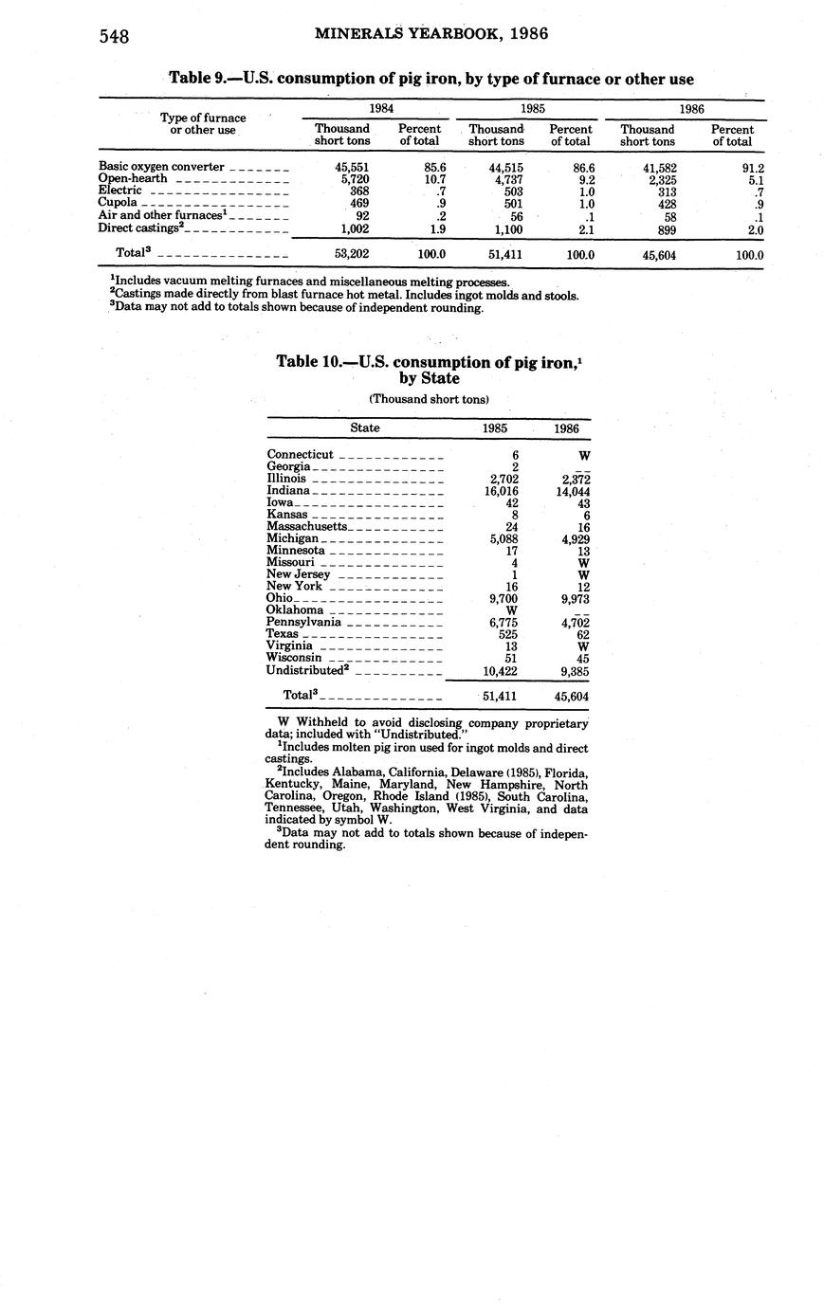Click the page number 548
(113, 37)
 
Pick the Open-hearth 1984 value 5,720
(353, 178)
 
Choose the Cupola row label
(118, 202)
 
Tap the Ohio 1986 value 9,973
(572, 599)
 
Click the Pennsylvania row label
(304, 622)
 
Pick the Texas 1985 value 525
(507, 634)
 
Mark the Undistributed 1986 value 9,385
(572, 670)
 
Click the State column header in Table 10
(365, 428)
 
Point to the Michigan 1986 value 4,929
(572, 538)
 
